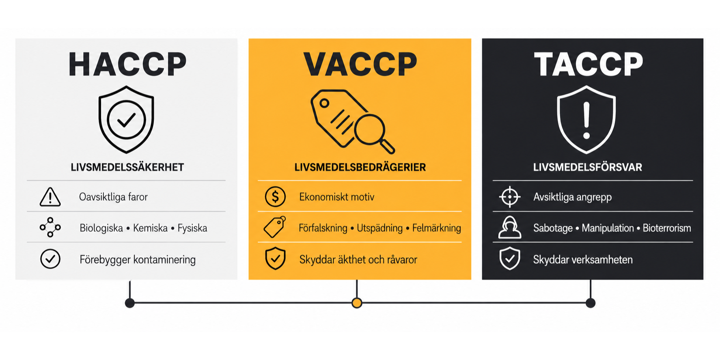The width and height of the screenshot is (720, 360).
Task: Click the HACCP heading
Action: tap(127, 65)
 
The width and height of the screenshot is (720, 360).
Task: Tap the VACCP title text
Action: tap(360, 65)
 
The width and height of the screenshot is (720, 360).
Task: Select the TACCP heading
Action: tap(589, 65)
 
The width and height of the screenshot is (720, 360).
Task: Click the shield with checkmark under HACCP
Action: tap(126, 119)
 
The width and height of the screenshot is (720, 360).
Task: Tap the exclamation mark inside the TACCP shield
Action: tap(586, 120)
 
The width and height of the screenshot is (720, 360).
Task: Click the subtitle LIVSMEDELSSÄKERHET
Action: tap(127, 167)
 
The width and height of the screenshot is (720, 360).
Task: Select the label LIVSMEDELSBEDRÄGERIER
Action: tap(360, 167)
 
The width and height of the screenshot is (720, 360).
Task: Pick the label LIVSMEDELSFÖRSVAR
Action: tap(588, 167)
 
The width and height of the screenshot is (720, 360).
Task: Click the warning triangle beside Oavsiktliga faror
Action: tap(50, 197)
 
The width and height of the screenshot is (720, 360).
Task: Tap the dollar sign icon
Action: tap(275, 196)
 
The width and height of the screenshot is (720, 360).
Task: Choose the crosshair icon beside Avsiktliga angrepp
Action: tap(510, 197)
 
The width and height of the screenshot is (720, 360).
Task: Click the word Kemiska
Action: tap(150, 228)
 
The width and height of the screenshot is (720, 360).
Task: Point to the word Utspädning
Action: tap(379, 228)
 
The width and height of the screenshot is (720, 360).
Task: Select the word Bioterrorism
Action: tap(667, 228)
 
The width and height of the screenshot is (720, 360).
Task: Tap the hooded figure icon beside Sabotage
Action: tap(510, 227)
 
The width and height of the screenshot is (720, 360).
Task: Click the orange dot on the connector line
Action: tap(357, 303)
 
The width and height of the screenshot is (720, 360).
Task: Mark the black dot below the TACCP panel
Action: tap(591, 303)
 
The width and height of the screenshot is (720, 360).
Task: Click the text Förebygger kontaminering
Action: tap(138, 260)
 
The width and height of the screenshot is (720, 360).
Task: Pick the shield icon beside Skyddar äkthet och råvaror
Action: tap(275, 259)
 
